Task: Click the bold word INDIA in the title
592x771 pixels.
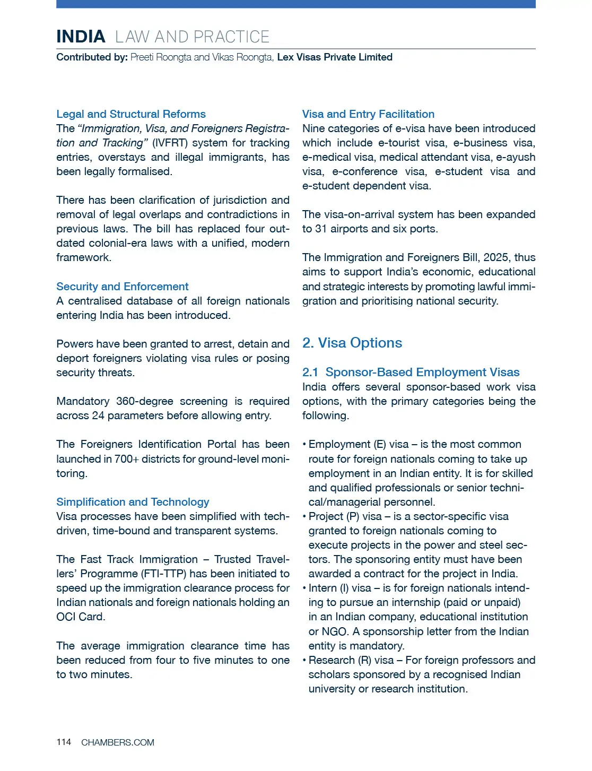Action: pyautogui.click(x=81, y=37)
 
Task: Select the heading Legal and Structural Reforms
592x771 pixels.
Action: pyautogui.click(x=131, y=114)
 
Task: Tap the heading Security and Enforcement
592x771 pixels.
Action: pyautogui.click(x=123, y=287)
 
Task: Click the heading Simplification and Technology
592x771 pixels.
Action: pyautogui.click(x=133, y=502)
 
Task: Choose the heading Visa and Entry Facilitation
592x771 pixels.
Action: pyautogui.click(x=368, y=114)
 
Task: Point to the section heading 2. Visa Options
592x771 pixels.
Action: pyautogui.click(x=352, y=343)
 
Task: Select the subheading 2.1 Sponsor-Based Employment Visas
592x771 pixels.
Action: pyautogui.click(x=411, y=372)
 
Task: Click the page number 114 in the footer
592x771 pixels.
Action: pyautogui.click(x=64, y=742)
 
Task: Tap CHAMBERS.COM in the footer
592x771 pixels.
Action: pyautogui.click(x=118, y=742)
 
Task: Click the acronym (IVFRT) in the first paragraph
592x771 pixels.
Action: pyautogui.click(x=170, y=143)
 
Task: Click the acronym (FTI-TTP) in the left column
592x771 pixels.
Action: pyautogui.click(x=163, y=574)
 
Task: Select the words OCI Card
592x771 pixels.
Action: pyautogui.click(x=81, y=617)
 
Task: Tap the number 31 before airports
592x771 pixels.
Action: pyautogui.click(x=320, y=229)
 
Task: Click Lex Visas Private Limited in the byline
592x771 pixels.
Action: pyautogui.click(x=335, y=57)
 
